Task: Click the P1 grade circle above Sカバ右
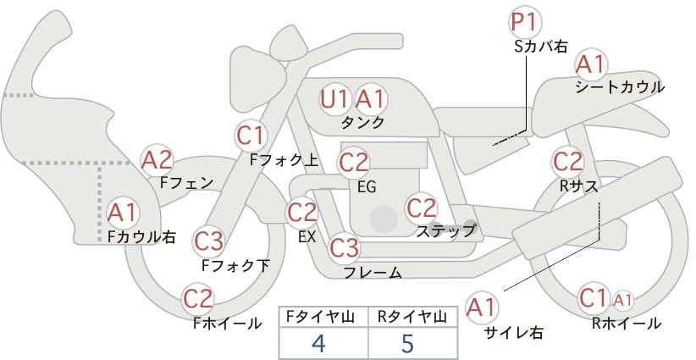(524, 22)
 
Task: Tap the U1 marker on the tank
(334, 99)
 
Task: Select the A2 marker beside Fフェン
(157, 160)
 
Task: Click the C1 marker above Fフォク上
(251, 136)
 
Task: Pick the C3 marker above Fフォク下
(208, 241)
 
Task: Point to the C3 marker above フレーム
(344, 247)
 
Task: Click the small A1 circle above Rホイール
(623, 301)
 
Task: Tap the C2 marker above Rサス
(567, 162)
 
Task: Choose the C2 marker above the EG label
(353, 163)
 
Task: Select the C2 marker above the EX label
(303, 212)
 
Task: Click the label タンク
(362, 122)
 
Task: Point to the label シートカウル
(620, 87)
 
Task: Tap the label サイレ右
(514, 332)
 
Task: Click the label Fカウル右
(141, 236)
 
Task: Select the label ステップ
(446, 231)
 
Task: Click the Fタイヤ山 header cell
(323, 317)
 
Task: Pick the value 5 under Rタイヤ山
(407, 343)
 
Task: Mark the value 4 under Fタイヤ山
(318, 343)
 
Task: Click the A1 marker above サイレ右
(482, 307)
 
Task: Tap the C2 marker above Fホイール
(198, 298)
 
